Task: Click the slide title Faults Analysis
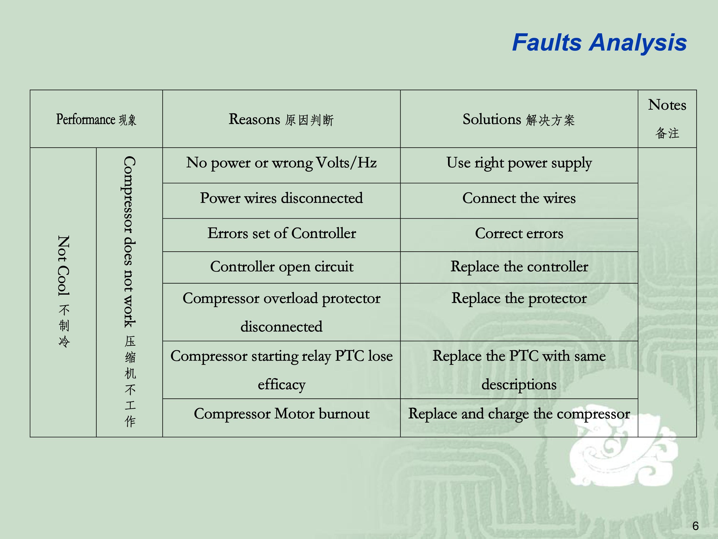(x=599, y=43)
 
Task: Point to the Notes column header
(x=667, y=119)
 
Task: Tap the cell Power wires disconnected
(x=281, y=198)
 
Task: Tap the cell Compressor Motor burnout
(x=281, y=413)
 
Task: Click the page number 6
(x=695, y=526)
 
